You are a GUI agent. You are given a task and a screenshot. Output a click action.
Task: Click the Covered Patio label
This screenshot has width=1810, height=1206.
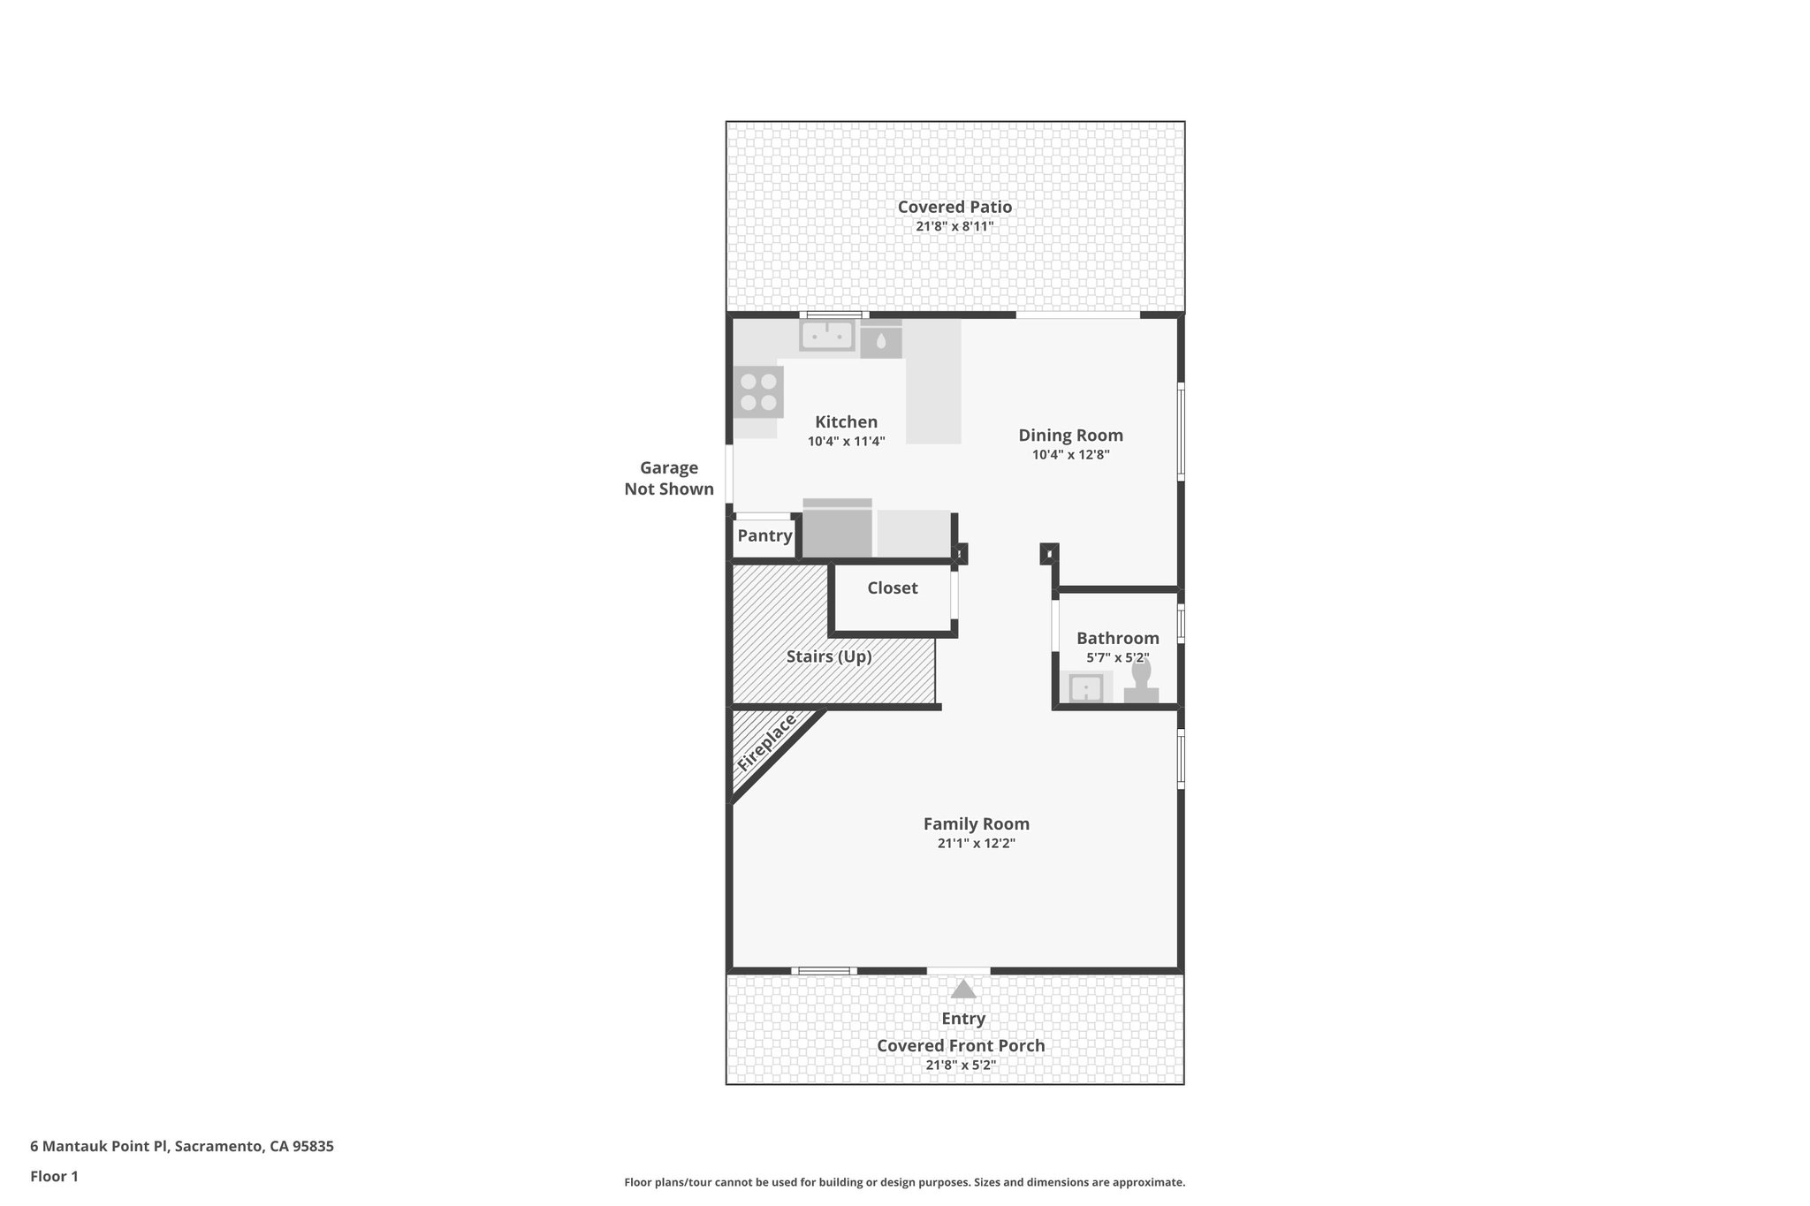pyautogui.click(x=954, y=207)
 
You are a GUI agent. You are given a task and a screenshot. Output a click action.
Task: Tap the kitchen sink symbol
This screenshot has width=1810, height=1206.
pyautogui.click(x=827, y=336)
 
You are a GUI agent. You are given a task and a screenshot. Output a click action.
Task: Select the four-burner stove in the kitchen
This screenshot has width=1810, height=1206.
pyautogui.click(x=758, y=392)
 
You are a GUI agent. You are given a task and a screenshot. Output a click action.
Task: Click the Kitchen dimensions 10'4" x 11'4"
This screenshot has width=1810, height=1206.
pyautogui.click(x=846, y=441)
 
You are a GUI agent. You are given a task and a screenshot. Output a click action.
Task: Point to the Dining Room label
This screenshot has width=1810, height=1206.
pyautogui.click(x=1070, y=435)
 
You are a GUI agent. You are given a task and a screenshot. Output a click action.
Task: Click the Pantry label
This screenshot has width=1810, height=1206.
pyautogui.click(x=764, y=535)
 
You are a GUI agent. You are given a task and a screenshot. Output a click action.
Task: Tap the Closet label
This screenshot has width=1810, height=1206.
pyautogui.click(x=892, y=588)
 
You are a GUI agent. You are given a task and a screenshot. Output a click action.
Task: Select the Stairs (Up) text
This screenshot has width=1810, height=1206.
pyautogui.click(x=829, y=656)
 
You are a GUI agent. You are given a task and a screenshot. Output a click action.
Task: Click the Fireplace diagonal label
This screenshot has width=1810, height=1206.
pyautogui.click(x=766, y=744)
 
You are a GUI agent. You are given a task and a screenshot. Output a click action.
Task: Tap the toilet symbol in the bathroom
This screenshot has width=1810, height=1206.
pyautogui.click(x=1141, y=682)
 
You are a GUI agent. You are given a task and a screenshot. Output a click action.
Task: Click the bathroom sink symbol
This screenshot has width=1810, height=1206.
pyautogui.click(x=1085, y=686)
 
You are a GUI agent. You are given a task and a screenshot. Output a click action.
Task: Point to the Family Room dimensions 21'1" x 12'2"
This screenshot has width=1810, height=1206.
pyautogui.click(x=976, y=843)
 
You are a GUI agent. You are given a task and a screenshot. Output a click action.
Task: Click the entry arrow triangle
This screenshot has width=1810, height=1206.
pyautogui.click(x=962, y=989)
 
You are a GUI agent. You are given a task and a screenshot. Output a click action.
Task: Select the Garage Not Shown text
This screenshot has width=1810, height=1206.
pyautogui.click(x=669, y=478)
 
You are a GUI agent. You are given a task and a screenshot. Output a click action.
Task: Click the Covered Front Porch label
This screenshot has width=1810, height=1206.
pyautogui.click(x=961, y=1045)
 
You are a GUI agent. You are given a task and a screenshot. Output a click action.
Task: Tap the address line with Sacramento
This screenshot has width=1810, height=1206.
pyautogui.click(x=182, y=1146)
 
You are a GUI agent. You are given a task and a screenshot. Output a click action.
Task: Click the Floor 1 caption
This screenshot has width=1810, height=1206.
pyautogui.click(x=54, y=1176)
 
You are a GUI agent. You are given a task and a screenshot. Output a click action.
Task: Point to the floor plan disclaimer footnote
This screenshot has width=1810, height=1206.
pyautogui.click(x=904, y=1182)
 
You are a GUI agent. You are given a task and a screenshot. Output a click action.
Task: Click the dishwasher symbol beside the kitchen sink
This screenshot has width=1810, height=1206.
pyautogui.click(x=881, y=341)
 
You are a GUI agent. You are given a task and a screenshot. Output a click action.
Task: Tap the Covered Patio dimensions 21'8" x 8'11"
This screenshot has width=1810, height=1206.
pyautogui.click(x=954, y=226)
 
